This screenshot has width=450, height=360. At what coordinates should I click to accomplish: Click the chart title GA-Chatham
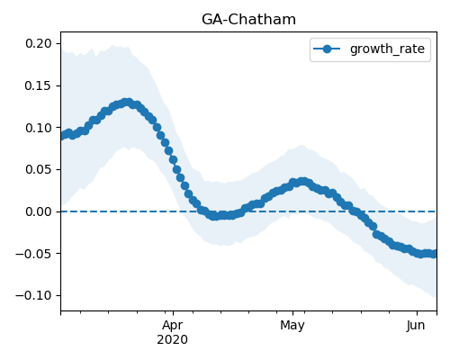point(248,20)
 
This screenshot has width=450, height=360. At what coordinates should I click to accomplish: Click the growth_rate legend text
point(387,49)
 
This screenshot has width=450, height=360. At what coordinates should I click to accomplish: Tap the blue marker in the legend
point(327,49)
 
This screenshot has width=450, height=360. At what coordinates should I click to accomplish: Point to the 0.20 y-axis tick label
point(39,43)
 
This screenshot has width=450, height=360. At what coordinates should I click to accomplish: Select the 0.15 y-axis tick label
point(39,85)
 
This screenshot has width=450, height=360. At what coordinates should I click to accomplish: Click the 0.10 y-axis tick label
point(39,128)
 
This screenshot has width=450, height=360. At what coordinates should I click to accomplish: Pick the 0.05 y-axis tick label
point(39,169)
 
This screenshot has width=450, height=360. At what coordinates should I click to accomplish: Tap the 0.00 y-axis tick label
point(39,211)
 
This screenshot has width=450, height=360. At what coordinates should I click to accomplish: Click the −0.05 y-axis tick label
point(34,254)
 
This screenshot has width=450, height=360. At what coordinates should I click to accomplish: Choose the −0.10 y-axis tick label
point(34,295)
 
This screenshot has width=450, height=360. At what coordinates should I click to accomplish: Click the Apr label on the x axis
point(173,326)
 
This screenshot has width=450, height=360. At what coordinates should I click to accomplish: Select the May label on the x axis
point(292,326)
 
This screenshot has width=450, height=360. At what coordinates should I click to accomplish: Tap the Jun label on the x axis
point(416,326)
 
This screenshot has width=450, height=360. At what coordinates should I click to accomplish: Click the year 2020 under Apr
point(173,340)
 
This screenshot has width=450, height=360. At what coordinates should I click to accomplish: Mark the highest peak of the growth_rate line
point(128,103)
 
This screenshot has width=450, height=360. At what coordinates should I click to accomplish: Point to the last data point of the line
point(434,254)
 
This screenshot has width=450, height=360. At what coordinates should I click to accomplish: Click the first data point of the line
point(63,136)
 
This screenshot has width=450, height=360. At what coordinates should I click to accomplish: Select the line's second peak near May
point(303,182)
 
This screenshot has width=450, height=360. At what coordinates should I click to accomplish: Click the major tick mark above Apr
point(173,313)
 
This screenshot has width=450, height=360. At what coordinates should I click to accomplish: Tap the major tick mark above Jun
point(417,313)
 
